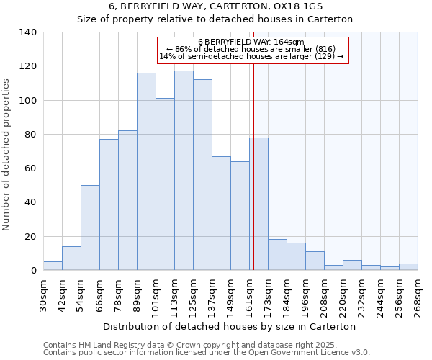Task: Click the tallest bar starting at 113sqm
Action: click(184, 171)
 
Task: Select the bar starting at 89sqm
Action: click(146, 171)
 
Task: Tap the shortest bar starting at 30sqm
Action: click(53, 266)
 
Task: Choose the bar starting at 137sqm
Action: click(221, 213)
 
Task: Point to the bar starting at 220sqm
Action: click(352, 265)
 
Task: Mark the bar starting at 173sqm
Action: click(277, 255)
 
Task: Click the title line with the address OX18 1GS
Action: click(215, 6)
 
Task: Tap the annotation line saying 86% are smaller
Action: click(251, 49)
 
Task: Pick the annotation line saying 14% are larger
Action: click(251, 56)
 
